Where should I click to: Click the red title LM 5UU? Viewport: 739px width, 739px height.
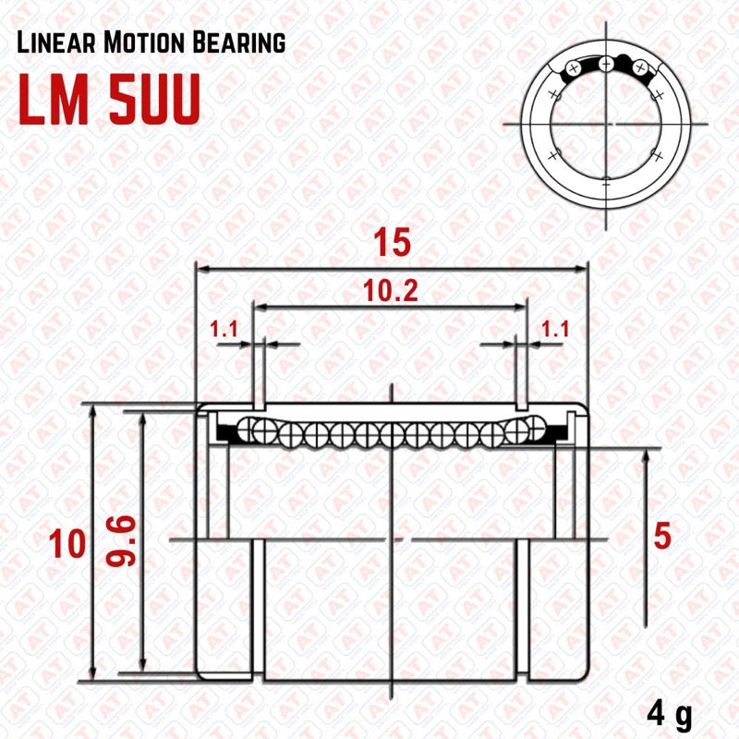[x=109, y=102]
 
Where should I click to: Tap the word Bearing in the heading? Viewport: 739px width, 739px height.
[x=239, y=42]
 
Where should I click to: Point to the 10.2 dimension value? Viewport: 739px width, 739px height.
[x=391, y=291]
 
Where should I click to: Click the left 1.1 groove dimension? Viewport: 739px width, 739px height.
[x=225, y=328]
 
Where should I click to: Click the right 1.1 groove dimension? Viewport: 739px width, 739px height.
[x=554, y=328]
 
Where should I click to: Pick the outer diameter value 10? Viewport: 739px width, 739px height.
[x=68, y=546]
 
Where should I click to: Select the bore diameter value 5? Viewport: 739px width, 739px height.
[x=660, y=536]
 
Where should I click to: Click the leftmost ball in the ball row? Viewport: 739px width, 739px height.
[x=248, y=429]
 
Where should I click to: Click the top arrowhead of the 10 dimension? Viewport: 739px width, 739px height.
[x=92, y=411]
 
